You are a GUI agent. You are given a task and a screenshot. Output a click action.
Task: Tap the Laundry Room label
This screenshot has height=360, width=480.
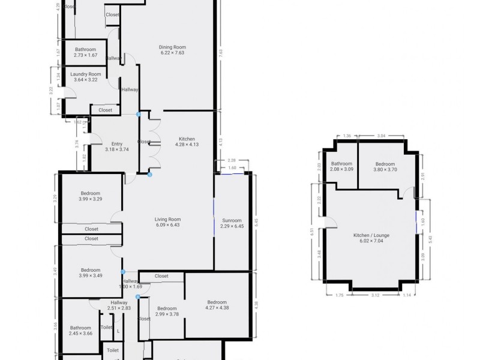tap(87, 74)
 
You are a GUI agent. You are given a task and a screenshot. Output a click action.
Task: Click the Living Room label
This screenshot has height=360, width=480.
tap(168, 220)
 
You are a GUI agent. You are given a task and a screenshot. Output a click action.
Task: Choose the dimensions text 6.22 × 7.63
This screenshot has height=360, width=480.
tap(173, 53)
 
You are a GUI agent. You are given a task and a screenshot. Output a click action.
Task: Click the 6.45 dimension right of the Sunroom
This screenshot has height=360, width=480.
tap(256, 221)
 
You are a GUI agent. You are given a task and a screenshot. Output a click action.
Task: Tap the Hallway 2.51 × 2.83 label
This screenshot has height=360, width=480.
tap(119, 305)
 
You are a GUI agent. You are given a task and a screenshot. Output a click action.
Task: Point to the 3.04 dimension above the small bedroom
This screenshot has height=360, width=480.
tap(382, 136)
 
